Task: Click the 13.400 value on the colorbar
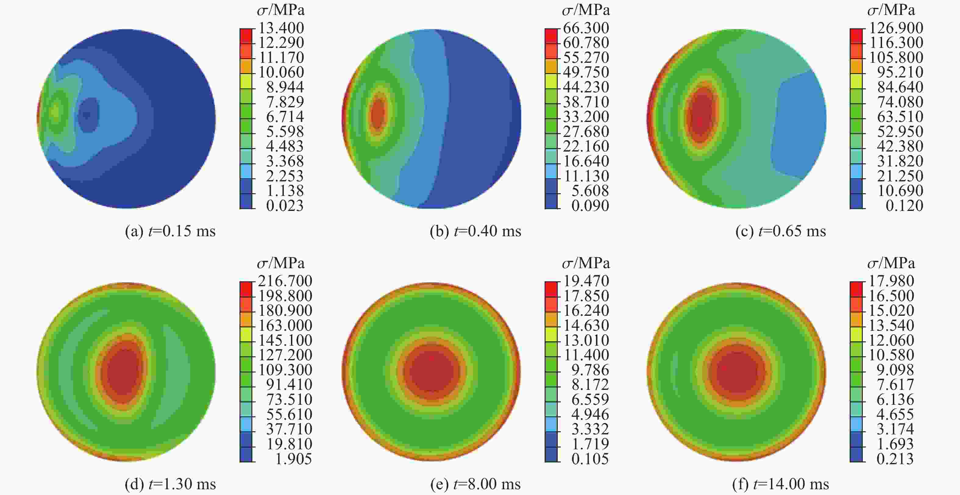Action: coord(281,28)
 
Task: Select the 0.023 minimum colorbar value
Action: coord(285,205)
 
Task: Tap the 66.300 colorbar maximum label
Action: coord(586,28)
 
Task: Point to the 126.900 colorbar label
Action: coord(896,28)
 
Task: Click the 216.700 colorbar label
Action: coord(285,281)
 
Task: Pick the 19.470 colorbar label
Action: coord(586,281)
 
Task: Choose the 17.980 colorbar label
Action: coord(891,281)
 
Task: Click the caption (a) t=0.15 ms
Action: coord(170,231)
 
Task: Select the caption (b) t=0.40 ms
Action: coord(475,231)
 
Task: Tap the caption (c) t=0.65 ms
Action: coord(781,231)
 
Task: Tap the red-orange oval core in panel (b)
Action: coord(378,114)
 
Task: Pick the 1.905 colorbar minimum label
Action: coord(293,459)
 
